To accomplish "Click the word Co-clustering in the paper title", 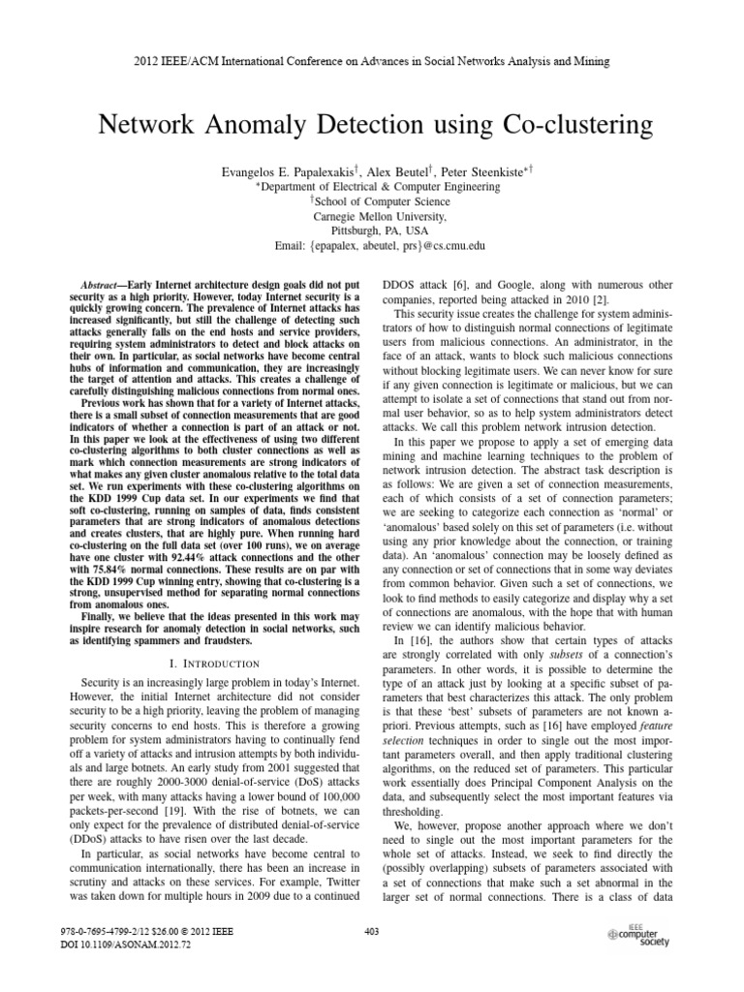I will [549, 125].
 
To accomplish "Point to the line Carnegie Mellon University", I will [372, 217].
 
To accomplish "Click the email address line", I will [372, 248].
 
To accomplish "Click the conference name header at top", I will [372, 61].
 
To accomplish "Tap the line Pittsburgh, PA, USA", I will [372, 232].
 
